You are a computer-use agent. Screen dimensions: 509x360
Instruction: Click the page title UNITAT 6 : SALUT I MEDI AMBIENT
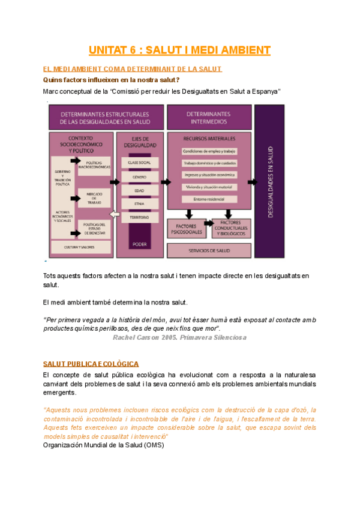click(x=180, y=50)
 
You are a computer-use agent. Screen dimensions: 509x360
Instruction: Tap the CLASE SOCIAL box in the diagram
click(x=139, y=163)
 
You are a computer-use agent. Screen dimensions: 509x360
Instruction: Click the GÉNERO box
click(x=139, y=176)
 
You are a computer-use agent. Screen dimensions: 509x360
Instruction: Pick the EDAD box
click(x=139, y=190)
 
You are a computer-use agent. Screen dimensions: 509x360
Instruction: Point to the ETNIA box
click(x=139, y=203)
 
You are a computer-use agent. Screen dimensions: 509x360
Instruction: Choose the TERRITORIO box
click(x=139, y=217)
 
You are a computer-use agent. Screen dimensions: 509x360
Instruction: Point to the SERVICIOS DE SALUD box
click(x=209, y=250)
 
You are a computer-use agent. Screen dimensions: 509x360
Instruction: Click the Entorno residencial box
click(x=209, y=199)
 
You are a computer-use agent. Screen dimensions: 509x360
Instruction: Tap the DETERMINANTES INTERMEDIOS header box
click(x=208, y=118)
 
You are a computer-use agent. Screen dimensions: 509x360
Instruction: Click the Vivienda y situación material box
click(x=209, y=187)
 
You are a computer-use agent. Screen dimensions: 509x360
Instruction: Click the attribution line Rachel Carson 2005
click(x=171, y=337)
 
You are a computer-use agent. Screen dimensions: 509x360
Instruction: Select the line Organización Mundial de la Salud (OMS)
click(x=104, y=445)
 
